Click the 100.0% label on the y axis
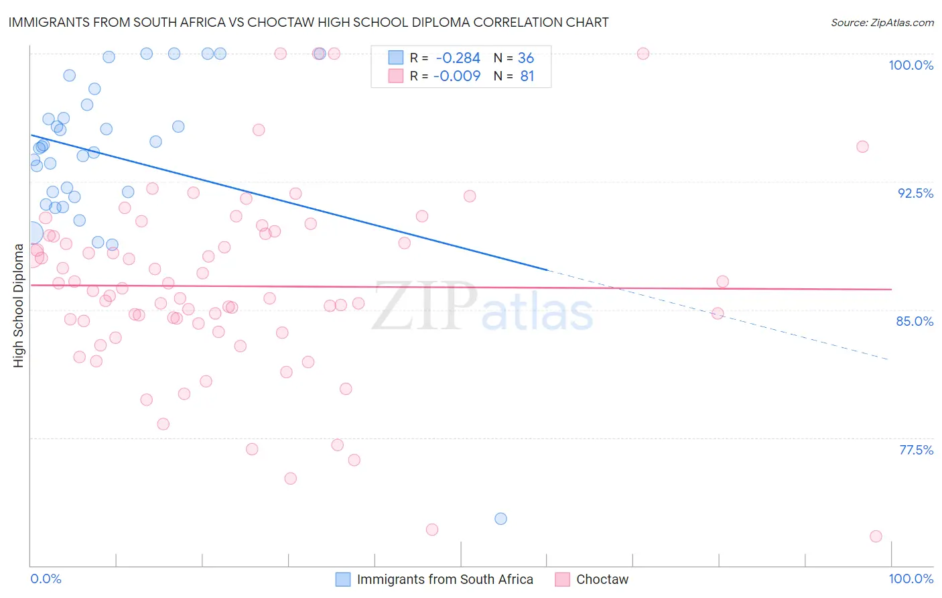pos(911,65)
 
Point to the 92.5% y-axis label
pos(915,193)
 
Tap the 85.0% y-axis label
pos(915,321)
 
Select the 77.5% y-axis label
pos(916,450)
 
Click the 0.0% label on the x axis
pos(46,579)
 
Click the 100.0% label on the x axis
pos(911,579)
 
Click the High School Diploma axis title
pos(19,306)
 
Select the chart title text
pos(308,22)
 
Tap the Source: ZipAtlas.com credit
pos(882,23)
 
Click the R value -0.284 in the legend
pos(458,58)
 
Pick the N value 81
pos(527,76)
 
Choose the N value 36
pos(526,58)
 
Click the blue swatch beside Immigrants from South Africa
pos(343,579)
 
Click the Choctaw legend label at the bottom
pos(602,579)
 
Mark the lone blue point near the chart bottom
pos(500,519)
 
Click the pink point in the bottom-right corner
pos(876,536)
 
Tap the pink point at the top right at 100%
pos(643,54)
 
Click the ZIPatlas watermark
pos(482,307)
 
